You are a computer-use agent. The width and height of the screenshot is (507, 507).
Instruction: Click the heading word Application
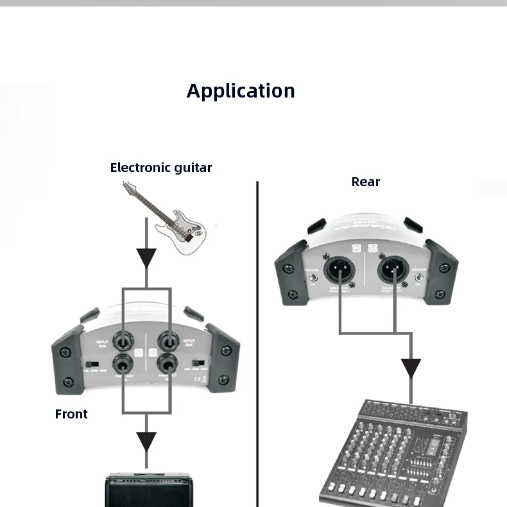coord(241,91)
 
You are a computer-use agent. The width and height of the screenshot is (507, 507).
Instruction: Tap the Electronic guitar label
coord(160,168)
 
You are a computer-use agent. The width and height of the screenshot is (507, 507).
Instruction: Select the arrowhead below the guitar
coord(147,258)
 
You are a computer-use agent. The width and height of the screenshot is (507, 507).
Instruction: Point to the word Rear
coord(366,182)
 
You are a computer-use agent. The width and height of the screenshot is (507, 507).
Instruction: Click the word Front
coord(71,415)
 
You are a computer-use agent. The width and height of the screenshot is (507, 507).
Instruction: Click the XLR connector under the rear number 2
coord(339,269)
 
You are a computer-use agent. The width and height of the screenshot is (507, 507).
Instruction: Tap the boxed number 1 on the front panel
coord(137,352)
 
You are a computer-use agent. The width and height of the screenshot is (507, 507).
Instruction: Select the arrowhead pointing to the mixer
coord(411,368)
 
